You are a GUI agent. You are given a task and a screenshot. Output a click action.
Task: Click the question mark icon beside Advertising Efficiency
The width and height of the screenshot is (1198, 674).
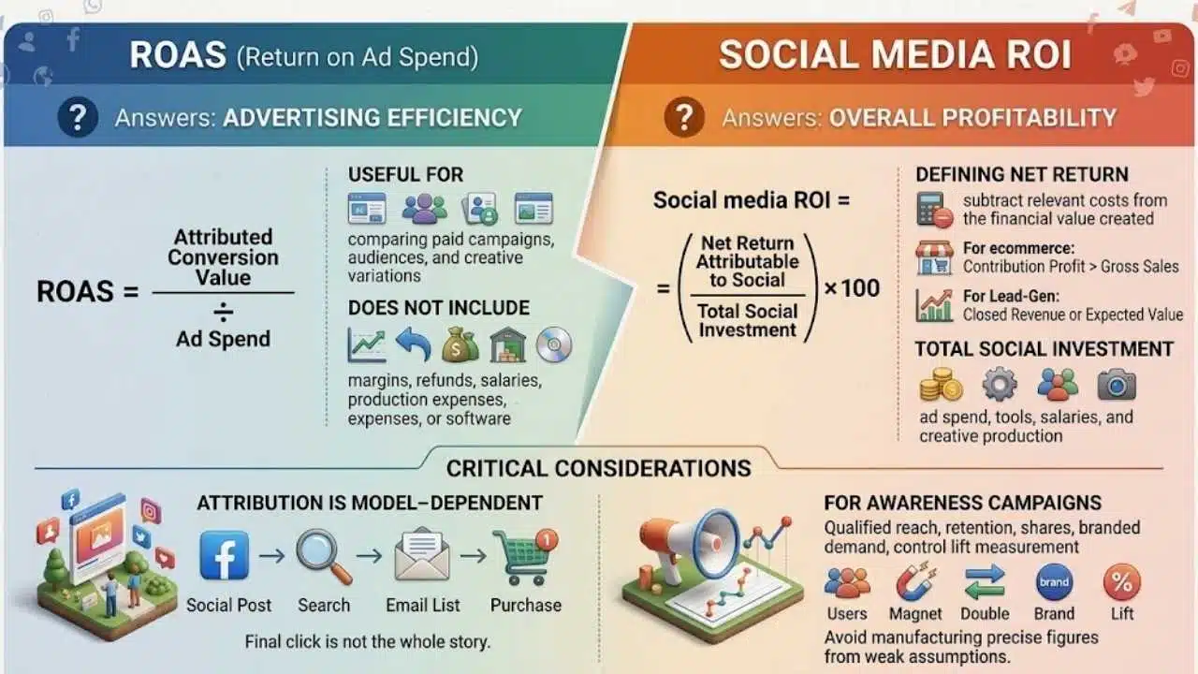pyautogui.click(x=78, y=117)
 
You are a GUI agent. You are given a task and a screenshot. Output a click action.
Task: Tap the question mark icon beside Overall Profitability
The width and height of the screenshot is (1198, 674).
pyautogui.click(x=684, y=117)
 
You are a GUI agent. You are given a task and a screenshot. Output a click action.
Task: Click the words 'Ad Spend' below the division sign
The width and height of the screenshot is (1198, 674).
pyautogui.click(x=223, y=339)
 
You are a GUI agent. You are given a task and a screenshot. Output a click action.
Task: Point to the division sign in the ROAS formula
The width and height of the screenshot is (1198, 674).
pyautogui.click(x=223, y=312)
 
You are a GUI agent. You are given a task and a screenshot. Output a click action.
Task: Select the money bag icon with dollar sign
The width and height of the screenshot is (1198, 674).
pyautogui.click(x=460, y=345)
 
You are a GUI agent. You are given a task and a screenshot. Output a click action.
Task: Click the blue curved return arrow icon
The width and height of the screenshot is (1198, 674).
pyautogui.click(x=414, y=344)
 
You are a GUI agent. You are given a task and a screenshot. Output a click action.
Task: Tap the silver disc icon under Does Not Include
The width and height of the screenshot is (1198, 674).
pyautogui.click(x=554, y=344)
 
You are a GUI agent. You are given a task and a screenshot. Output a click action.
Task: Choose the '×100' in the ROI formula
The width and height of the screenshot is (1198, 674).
pyautogui.click(x=852, y=288)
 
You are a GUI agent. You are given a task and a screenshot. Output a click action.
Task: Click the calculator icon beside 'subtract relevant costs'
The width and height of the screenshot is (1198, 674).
pyautogui.click(x=934, y=211)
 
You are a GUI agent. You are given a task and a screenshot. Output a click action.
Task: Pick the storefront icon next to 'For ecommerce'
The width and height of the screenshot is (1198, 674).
pyautogui.click(x=934, y=257)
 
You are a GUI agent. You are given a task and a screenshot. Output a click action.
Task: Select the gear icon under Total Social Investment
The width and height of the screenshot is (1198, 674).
pyautogui.click(x=999, y=384)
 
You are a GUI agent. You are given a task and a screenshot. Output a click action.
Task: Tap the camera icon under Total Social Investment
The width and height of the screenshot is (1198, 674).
pyautogui.click(x=1117, y=384)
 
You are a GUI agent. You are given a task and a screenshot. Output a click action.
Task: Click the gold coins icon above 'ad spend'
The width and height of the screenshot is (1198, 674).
pyautogui.click(x=941, y=384)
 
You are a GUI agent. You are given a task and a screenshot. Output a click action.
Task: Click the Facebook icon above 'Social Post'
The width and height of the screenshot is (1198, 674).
pyautogui.click(x=224, y=556)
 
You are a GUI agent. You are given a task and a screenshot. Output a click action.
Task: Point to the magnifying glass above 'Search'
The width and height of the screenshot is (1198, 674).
pyautogui.click(x=324, y=556)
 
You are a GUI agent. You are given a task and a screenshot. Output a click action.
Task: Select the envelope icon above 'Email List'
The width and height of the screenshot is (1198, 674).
pyautogui.click(x=422, y=554)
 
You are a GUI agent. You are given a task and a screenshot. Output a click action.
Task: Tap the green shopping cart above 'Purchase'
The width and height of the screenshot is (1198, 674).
pyautogui.click(x=525, y=556)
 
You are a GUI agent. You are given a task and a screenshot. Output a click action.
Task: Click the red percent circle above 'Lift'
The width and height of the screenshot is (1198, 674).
pyautogui.click(x=1122, y=582)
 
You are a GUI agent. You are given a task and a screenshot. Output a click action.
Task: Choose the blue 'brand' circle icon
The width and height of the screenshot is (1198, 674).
pyautogui.click(x=1054, y=582)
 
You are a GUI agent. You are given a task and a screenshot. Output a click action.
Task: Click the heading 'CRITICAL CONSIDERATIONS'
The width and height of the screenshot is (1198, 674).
pyautogui.click(x=598, y=469)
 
